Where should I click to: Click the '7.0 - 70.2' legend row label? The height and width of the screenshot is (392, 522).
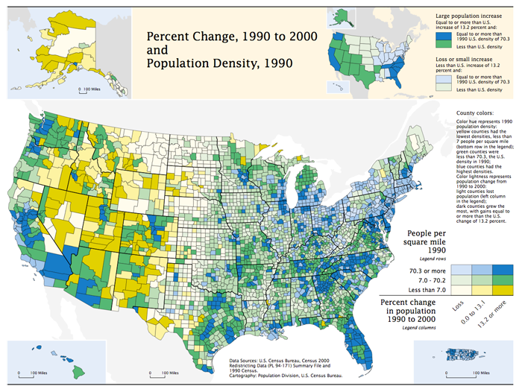[428, 280]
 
